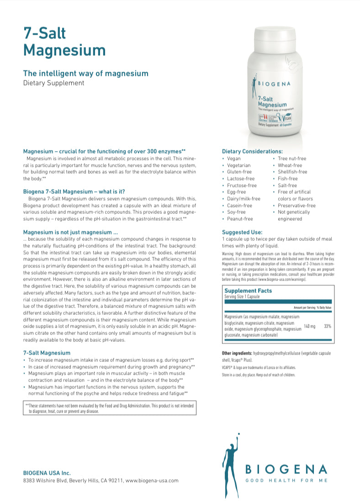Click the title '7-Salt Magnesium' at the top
click(64, 41)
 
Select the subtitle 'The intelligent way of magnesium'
click(85, 73)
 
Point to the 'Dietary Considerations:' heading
click(252, 151)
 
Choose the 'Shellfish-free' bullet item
click(292, 172)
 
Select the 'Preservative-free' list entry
click(296, 206)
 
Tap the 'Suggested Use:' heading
click(242, 232)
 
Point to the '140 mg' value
click(310, 326)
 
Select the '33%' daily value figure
click(328, 326)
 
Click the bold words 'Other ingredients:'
click(237, 354)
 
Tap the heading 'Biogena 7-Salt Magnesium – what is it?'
click(74, 191)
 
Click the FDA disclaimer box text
click(110, 408)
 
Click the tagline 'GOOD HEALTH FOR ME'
click(287, 481)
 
